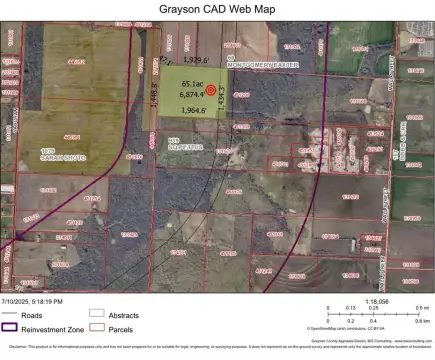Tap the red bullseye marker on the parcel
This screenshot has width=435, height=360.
pyautogui.click(x=210, y=89)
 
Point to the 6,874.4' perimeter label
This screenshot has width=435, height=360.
pyautogui.click(x=192, y=94)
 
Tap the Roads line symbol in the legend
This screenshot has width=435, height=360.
pyautogui.click(x=14, y=313)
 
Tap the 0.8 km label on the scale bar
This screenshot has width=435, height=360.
pyautogui.click(x=422, y=322)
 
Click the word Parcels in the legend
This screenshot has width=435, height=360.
pyautogui.click(x=121, y=326)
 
